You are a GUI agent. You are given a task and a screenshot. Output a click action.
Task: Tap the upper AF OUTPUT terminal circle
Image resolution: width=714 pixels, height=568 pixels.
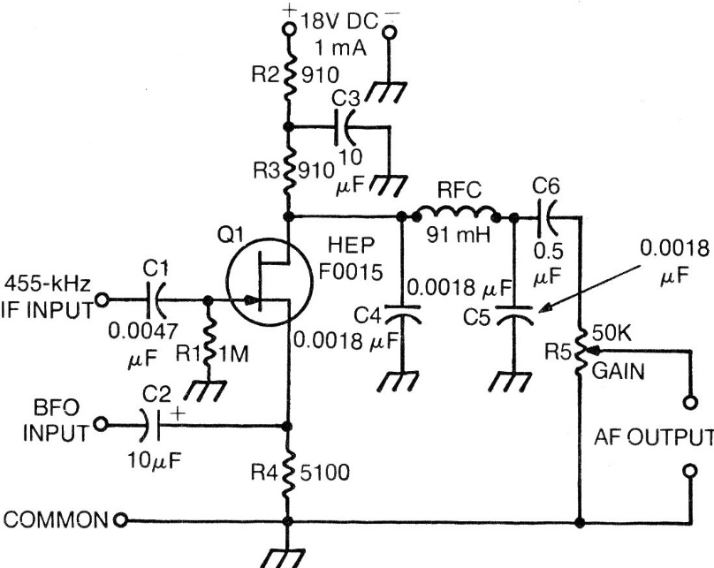pos(688,404)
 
